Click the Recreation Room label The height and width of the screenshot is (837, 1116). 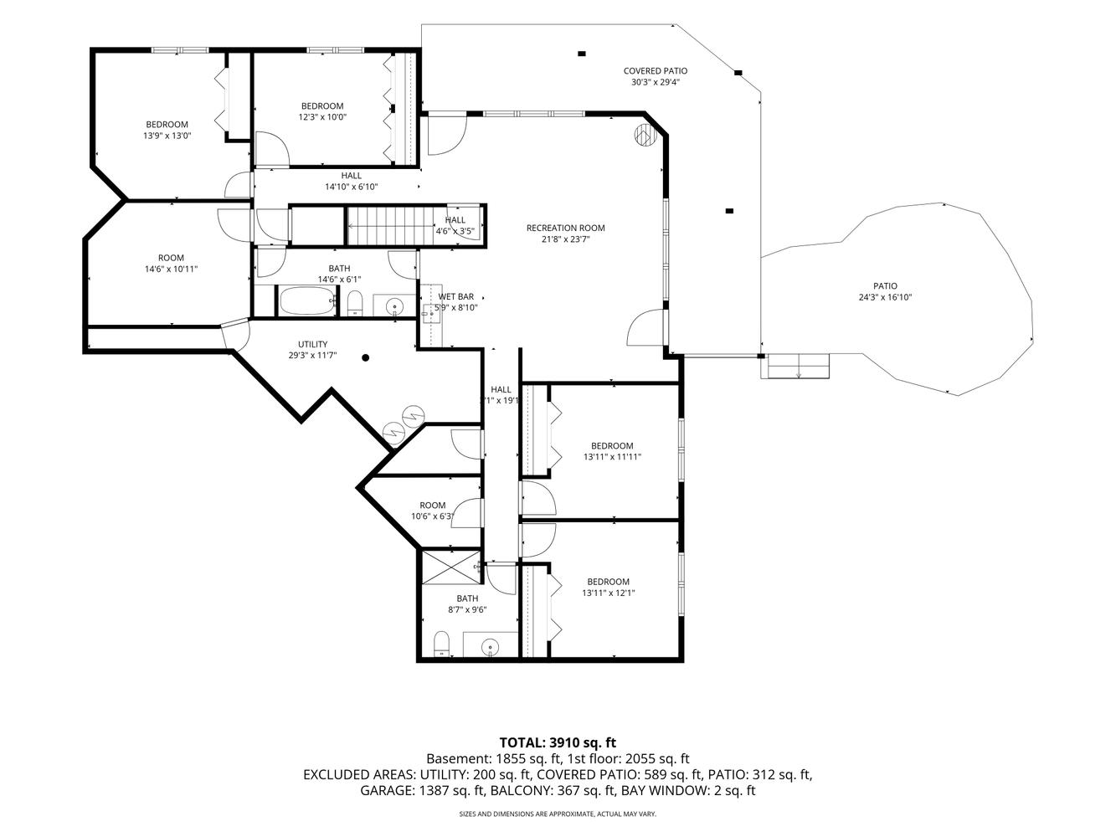(x=565, y=229)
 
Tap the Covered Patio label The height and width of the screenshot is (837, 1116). (x=656, y=71)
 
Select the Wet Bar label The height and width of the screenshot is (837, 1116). (x=456, y=296)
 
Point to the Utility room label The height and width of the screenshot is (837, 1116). (x=312, y=344)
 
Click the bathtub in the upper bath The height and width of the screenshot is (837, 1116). (x=307, y=300)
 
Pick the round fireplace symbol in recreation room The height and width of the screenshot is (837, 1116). (x=645, y=136)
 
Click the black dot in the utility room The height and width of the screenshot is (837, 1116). (x=365, y=357)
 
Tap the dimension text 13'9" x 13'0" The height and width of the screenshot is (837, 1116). (x=167, y=136)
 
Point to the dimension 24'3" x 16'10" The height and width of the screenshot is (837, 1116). (x=885, y=297)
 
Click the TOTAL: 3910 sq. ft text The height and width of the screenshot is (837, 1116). (x=558, y=742)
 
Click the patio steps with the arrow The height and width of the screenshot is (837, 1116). (x=798, y=366)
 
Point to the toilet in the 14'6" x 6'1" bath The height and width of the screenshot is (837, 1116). (x=354, y=303)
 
